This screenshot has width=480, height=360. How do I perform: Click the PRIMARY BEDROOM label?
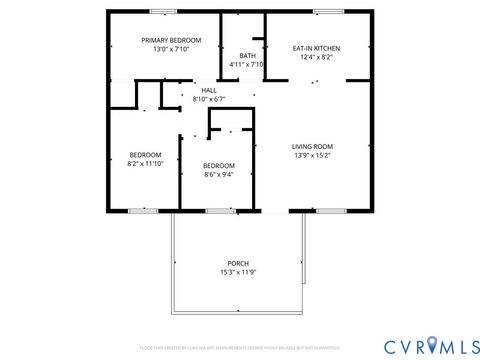[171, 40]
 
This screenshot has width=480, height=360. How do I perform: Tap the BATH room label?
[246, 55]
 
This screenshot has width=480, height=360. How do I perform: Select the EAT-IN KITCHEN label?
[315, 48]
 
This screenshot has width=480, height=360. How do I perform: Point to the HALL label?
[208, 90]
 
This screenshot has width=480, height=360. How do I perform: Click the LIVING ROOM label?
[313, 147]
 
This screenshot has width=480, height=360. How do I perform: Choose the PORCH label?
[237, 263]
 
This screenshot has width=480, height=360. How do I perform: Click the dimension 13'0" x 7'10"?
[171, 49]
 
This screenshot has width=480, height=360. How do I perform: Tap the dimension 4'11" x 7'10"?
[246, 64]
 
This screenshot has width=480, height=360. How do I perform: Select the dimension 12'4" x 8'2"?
[315, 57]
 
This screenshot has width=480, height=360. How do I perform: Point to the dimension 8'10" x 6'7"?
[208, 99]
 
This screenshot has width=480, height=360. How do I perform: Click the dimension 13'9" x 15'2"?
[313, 156]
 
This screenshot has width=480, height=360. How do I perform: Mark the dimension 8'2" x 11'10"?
[145, 164]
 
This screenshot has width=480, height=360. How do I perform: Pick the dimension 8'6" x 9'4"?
[218, 174]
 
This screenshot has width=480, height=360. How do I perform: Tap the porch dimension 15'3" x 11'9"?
[237, 272]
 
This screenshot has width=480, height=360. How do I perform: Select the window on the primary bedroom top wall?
[163, 11]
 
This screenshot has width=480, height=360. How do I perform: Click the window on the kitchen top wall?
[327, 11]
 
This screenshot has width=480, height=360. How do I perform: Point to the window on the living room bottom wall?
[330, 211]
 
